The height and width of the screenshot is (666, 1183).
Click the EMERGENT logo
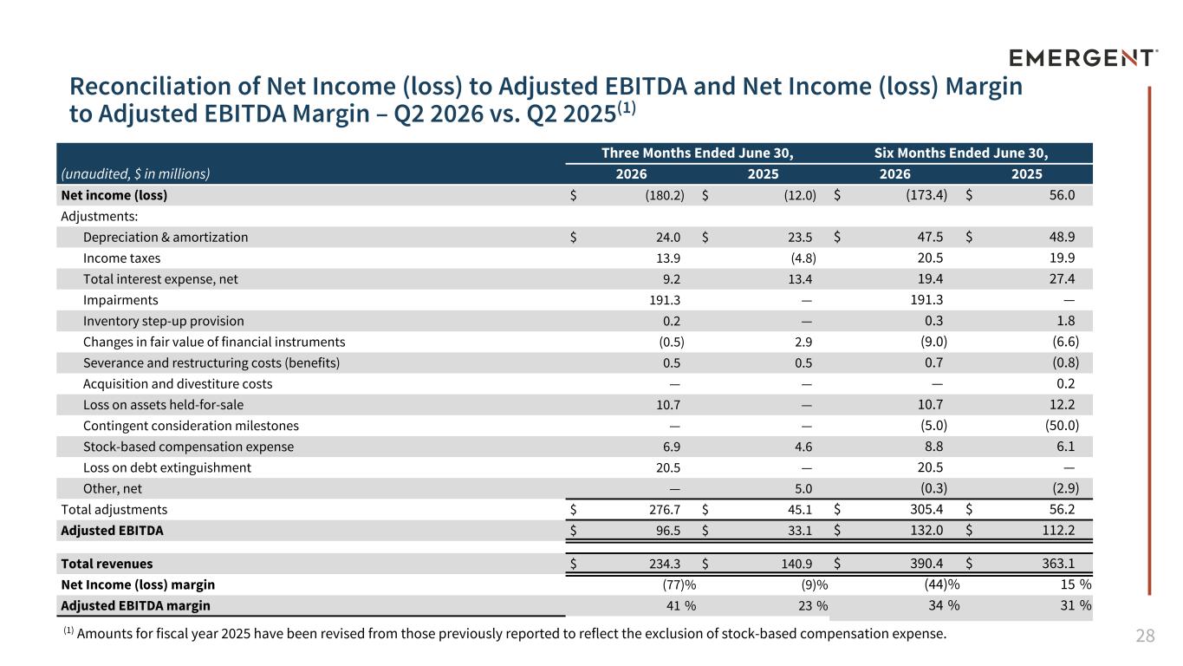coord(1083,57)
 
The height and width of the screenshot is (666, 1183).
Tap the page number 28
coord(1145,636)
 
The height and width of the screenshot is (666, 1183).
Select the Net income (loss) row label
coord(114,195)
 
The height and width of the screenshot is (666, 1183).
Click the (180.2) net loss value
coord(665,195)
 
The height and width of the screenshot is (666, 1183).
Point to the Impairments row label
coord(120,300)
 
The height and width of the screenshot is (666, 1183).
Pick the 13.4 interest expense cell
coord(800,279)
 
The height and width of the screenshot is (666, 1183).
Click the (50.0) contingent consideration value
coord(1062,426)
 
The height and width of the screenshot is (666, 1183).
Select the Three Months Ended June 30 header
coord(697,153)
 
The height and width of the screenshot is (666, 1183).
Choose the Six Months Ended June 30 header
coord(960,153)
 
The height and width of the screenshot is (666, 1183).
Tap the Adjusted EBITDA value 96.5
coord(668,530)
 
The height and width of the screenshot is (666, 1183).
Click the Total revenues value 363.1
coord(1058,564)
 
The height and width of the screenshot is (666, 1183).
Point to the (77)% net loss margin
coord(679,584)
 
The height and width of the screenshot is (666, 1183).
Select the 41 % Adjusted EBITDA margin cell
coord(680,605)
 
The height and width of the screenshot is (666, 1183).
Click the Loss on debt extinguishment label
coord(167,467)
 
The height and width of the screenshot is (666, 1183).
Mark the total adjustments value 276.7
coord(665,510)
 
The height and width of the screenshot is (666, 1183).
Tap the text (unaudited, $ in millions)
coord(135,174)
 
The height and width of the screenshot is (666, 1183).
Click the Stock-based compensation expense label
coord(188,447)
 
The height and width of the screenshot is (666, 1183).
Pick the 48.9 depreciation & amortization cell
coord(1062,237)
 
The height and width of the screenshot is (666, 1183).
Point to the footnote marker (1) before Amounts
coord(68,630)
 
